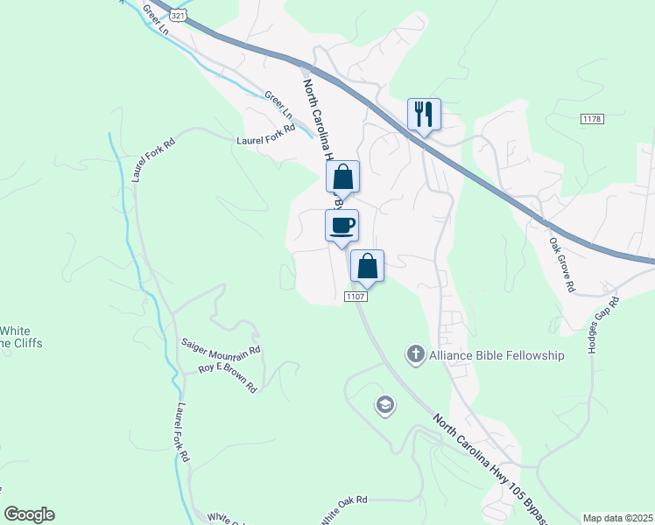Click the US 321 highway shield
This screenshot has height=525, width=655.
tap(178, 17)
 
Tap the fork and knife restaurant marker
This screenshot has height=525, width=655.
tap(424, 115)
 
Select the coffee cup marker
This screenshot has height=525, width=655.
tap(342, 226)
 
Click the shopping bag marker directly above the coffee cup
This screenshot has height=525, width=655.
tap(343, 177)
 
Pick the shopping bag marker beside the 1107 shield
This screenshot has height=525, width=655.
tap(367, 267)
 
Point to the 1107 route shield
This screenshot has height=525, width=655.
tap(354, 297)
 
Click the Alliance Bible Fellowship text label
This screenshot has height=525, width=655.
tap(497, 355)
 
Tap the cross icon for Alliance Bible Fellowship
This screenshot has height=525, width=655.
tap(415, 355)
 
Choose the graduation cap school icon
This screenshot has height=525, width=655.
tap(384, 405)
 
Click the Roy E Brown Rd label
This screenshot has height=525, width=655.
tap(227, 377)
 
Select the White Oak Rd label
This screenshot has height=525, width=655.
tap(343, 509)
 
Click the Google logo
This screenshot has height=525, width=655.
tap(29, 514)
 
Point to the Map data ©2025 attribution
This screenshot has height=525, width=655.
tap(617, 518)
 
